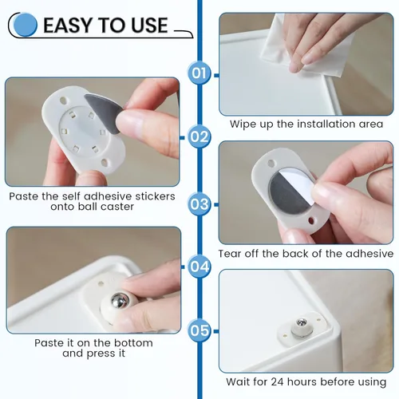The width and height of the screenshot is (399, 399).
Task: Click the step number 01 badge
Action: coord(199,74)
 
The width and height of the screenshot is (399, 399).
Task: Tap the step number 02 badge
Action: coord(199,137)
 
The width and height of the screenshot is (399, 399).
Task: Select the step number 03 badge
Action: coord(199,203)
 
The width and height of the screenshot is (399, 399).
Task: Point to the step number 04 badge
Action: coord(199,267)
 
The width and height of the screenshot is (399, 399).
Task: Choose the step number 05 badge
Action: coord(199,329)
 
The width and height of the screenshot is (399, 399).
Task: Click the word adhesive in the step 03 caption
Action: coord(365,254)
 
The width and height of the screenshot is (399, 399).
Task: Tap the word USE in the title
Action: coord(145,25)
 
